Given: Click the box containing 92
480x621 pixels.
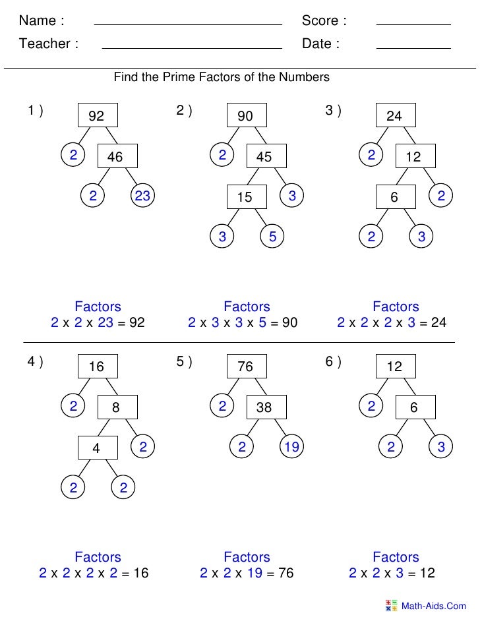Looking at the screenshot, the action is [x=97, y=116].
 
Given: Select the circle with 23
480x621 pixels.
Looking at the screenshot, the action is [x=142, y=195].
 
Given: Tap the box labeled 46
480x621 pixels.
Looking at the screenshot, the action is [x=116, y=156].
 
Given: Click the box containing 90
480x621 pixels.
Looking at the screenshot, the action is [x=245, y=116].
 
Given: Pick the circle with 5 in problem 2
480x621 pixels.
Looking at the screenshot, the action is [x=272, y=236].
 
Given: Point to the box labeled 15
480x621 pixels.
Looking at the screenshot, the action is [x=245, y=196].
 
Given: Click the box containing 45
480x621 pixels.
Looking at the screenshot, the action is [x=264, y=156].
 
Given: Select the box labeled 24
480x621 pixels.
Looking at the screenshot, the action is [x=394, y=116].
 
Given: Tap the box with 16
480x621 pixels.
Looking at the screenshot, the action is [x=97, y=367].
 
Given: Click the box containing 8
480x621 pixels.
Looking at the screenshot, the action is [x=116, y=407].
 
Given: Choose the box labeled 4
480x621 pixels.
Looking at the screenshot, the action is [x=97, y=448].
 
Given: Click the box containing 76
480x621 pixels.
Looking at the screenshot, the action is [x=245, y=367].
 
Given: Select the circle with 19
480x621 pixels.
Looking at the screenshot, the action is [x=291, y=448].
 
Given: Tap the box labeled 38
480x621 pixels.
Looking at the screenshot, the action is [x=264, y=407].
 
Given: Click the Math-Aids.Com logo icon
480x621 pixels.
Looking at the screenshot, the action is [x=391, y=605].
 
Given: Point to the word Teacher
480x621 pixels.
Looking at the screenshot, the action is [x=45, y=44].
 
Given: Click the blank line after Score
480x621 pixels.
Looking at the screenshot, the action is [x=413, y=24].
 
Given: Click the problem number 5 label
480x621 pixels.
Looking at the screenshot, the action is [x=184, y=361].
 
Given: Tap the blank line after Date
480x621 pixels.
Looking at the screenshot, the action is [x=413, y=48].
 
